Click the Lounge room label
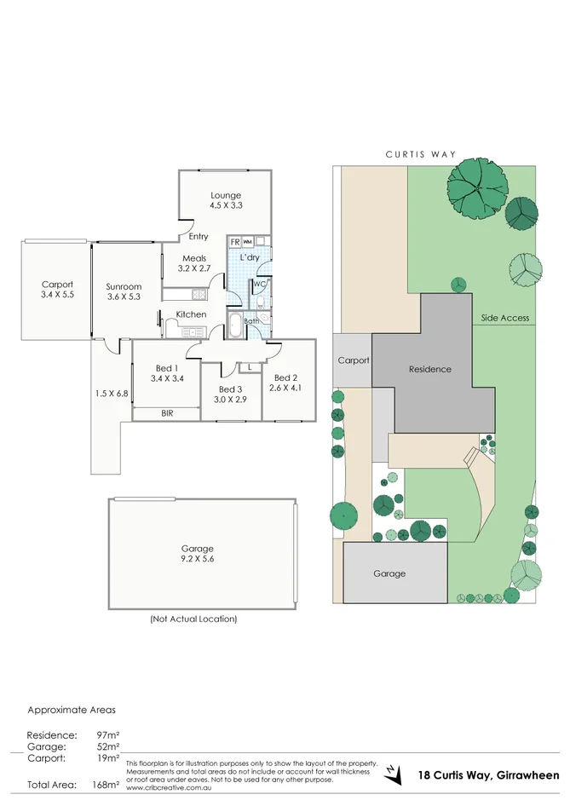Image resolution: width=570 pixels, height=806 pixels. [226, 195]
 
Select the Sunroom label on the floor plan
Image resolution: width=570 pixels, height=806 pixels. [124, 286]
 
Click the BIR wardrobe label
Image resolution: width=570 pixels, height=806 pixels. [167, 413]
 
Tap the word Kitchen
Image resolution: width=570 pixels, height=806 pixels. [191, 314]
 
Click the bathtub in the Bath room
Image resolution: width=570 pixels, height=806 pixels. [236, 325]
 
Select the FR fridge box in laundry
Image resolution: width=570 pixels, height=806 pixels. [234, 242]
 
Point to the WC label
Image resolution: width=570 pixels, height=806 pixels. [259, 284]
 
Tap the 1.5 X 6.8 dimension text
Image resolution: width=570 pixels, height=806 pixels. [112, 394]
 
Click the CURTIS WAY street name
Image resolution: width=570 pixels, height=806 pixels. [420, 154]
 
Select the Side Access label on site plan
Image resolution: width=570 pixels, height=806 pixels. [504, 318]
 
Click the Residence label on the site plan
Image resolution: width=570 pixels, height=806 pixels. [429, 369]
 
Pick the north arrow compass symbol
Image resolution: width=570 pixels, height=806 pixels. [391, 772]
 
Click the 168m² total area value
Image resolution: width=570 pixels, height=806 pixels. [106, 785]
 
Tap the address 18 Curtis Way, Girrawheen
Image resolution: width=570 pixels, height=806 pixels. [488, 775]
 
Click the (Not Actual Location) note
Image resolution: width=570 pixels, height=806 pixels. [193, 619]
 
